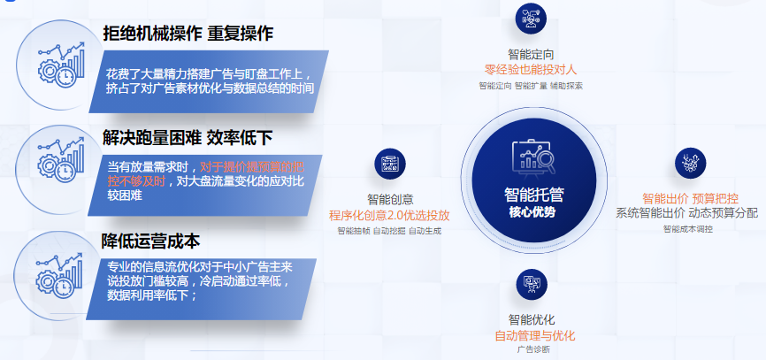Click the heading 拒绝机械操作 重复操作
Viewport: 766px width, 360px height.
(x=188, y=34)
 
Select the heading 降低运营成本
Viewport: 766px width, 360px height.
(x=151, y=241)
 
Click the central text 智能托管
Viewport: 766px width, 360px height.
(x=534, y=195)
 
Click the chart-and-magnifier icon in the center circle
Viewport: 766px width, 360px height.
(x=532, y=157)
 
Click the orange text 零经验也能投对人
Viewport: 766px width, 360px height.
(x=531, y=69)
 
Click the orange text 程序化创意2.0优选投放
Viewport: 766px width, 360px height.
(x=389, y=215)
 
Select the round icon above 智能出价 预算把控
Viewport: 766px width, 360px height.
(x=690, y=163)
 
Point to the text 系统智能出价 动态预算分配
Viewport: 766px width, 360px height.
(x=686, y=212)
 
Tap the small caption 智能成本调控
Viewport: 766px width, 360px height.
(x=687, y=229)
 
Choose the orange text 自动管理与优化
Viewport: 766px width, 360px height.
(x=534, y=335)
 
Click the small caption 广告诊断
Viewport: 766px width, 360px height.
(x=532, y=349)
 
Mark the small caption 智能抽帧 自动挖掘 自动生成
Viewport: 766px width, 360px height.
(x=389, y=231)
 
